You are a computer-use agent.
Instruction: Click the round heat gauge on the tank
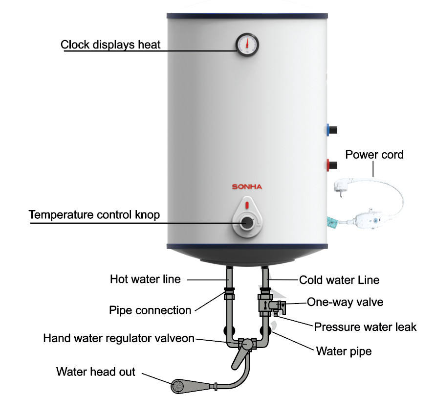pos(247,45)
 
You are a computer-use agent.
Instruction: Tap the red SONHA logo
pos(247,187)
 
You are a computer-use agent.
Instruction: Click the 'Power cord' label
pos(374,155)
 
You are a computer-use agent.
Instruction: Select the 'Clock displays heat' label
pos(110,45)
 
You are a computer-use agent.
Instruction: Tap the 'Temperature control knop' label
pos(94,215)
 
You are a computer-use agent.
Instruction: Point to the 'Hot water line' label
pos(145,280)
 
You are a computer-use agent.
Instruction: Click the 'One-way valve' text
pos(345,302)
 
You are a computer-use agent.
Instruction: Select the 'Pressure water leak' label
pos(365,327)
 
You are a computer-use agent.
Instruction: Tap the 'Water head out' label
pos(96,372)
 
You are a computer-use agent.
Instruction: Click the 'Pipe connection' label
pos(150,310)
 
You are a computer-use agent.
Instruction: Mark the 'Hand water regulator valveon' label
pos(119,338)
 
